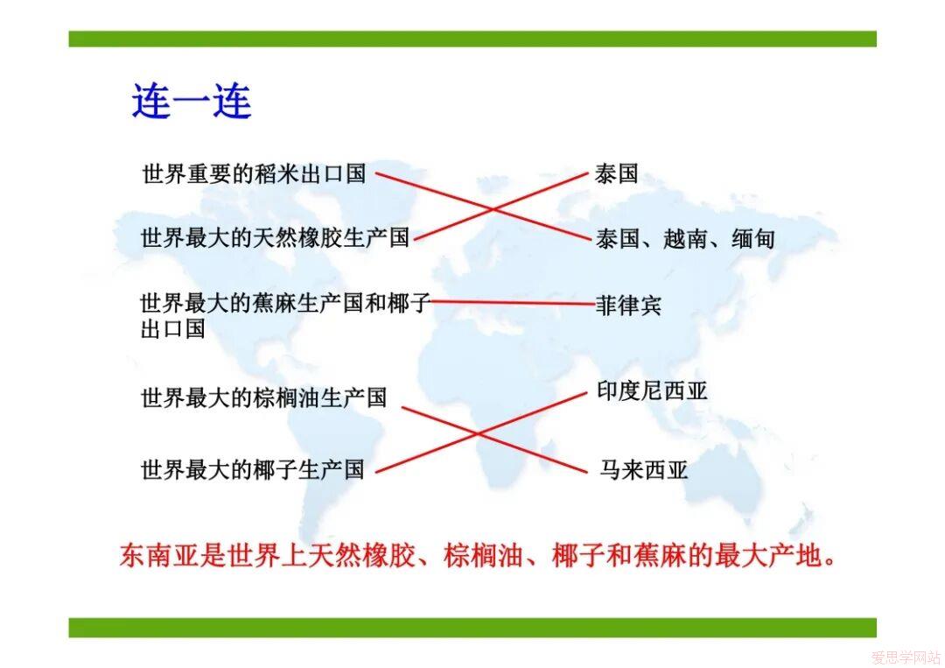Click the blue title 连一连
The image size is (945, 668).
click(x=192, y=101)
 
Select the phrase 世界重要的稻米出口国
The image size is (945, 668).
click(x=254, y=173)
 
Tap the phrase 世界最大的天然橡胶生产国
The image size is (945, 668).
click(x=275, y=237)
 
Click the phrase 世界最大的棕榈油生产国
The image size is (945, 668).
click(x=263, y=397)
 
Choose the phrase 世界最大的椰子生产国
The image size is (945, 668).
click(x=253, y=469)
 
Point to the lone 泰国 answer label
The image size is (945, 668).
click(x=616, y=173)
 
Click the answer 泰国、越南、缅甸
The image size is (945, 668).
click(x=684, y=239)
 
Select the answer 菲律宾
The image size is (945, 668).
click(x=628, y=305)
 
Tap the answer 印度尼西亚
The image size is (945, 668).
click(x=652, y=390)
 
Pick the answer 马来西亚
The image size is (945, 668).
click(x=643, y=469)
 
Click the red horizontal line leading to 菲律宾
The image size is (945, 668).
click(x=513, y=302)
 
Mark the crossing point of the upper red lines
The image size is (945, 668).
click(x=493, y=209)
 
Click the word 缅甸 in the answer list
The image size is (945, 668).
click(x=752, y=239)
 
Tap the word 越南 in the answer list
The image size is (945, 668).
click(x=684, y=239)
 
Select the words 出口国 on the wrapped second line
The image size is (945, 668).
click(x=173, y=329)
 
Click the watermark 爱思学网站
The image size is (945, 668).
click(x=906, y=657)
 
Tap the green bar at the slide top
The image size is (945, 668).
click(x=472, y=39)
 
